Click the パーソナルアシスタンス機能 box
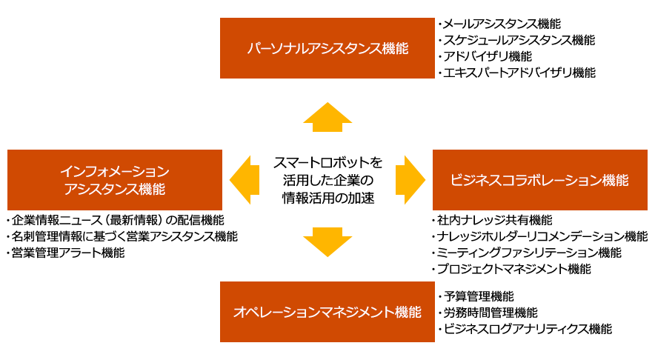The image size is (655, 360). pos(327,48)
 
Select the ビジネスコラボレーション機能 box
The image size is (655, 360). pos(539,180)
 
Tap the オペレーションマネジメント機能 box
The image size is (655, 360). pos(327,312)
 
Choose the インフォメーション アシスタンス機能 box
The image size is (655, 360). pos(115,180)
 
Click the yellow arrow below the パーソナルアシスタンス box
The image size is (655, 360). pos(327,116)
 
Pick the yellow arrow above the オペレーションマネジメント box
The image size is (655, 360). pos(327,242)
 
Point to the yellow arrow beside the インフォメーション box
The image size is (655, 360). pos(244,180)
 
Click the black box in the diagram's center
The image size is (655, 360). pos(327,180)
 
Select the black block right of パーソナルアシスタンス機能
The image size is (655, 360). pos(516,48)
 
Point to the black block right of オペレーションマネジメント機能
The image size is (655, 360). pos(522,312)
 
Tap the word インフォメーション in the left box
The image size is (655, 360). pos(115,172)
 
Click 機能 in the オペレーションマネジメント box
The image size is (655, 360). pos(408,313)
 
